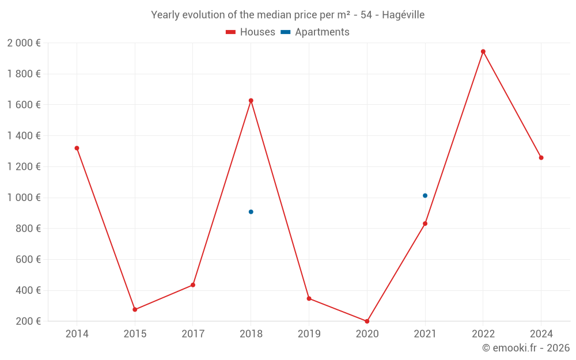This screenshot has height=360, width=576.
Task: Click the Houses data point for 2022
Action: [x=483, y=51]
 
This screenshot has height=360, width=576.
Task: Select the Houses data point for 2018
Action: [x=251, y=101]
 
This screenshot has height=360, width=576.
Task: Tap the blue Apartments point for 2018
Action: [x=251, y=212]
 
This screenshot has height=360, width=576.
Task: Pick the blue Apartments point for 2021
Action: [x=425, y=196]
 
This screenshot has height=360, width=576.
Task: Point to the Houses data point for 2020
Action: [x=367, y=321]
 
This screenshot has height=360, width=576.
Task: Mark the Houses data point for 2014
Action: [x=77, y=148]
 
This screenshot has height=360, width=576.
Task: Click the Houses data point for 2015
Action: [x=135, y=310]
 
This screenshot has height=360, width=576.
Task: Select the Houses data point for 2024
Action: [x=541, y=158]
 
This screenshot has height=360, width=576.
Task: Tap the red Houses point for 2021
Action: [x=425, y=223]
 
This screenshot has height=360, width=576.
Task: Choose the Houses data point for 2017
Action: [x=193, y=285]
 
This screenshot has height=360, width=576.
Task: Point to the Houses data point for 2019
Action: [x=309, y=298]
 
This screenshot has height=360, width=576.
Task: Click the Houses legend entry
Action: [x=251, y=32]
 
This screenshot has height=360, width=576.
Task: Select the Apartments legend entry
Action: [x=315, y=32]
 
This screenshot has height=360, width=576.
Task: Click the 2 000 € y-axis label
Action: [x=24, y=43]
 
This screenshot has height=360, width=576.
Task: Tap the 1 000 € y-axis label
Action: [x=24, y=198]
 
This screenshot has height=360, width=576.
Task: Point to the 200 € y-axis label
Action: [x=27, y=321]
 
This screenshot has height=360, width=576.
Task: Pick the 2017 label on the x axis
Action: [x=193, y=334]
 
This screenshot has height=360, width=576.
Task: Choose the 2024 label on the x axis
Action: [x=541, y=334]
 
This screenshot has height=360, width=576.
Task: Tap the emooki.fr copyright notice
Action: [x=526, y=348]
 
